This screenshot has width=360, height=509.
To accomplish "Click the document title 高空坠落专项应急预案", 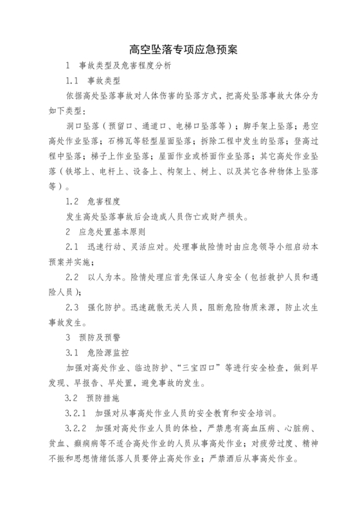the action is [179, 49].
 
